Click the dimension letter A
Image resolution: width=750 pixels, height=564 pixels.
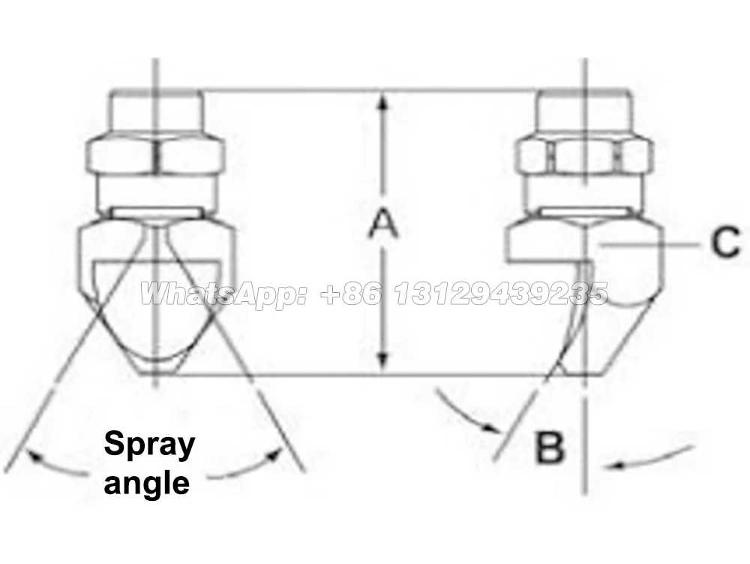click(382, 224)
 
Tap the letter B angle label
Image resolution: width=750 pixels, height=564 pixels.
click(550, 448)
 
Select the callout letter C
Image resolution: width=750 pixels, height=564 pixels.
click(725, 243)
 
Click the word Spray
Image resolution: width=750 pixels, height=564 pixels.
click(149, 445)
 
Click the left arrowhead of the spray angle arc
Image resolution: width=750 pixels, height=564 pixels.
click(30, 453)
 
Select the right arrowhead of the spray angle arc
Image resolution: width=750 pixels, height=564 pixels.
click(280, 451)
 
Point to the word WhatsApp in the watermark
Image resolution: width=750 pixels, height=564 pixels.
click(222, 294)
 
